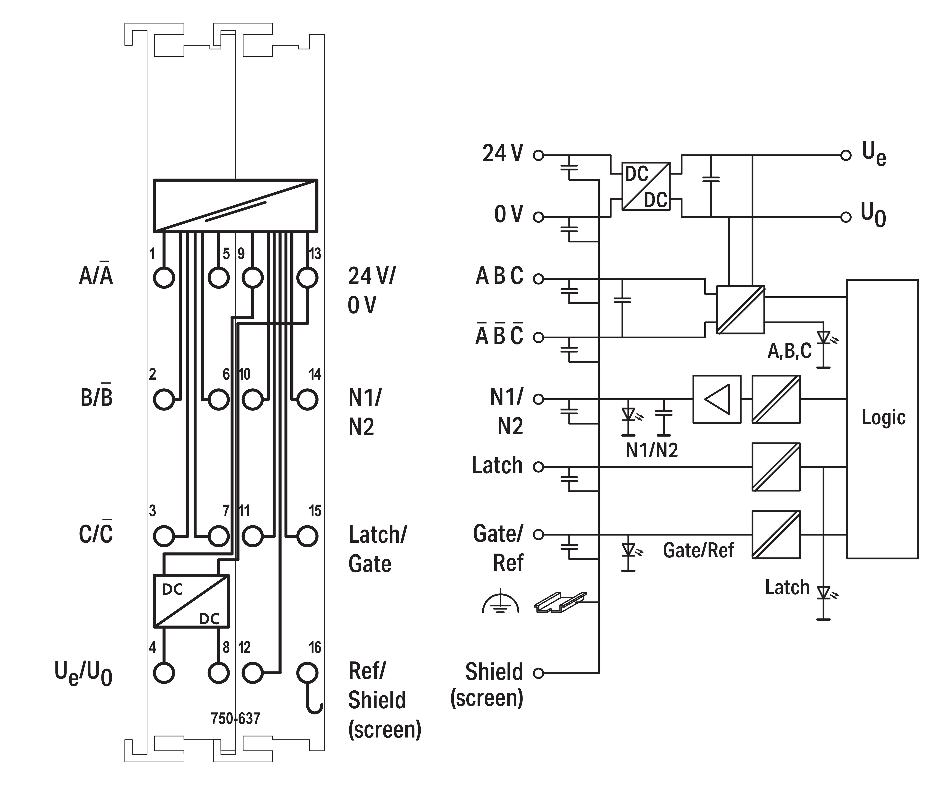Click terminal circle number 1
tap(164, 278)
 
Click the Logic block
tap(882, 419)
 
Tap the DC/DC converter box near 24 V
tap(646, 186)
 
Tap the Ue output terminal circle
tap(846, 156)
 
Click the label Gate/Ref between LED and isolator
tap(698, 550)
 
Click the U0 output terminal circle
tap(846, 217)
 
